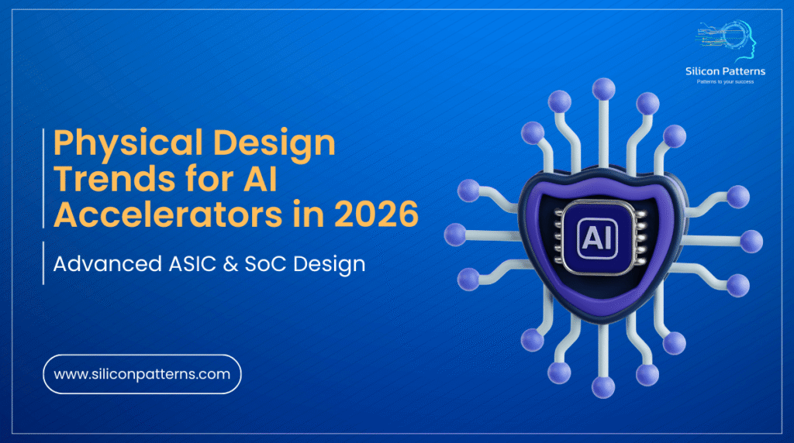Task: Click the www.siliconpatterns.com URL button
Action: point(142,374)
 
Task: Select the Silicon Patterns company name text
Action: point(725,71)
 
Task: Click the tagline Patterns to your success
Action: point(725,81)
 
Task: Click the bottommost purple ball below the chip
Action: point(602,386)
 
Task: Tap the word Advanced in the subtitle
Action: point(101,264)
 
